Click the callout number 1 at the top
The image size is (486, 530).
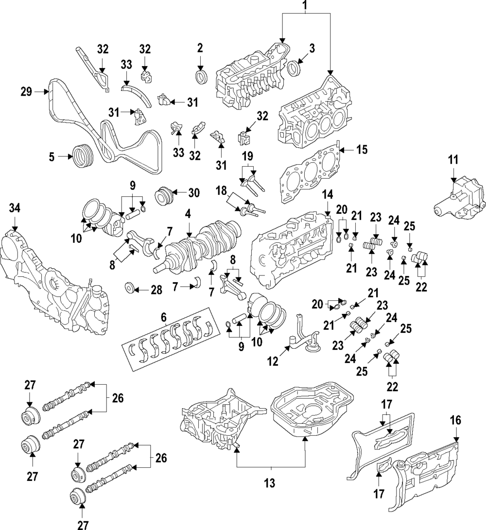pyautogui.click(x=305, y=6)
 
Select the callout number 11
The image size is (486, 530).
pyautogui.click(x=453, y=159)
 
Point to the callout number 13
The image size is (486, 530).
pyautogui.click(x=270, y=483)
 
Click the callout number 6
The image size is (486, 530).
pyautogui.click(x=164, y=317)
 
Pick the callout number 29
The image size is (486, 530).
pyautogui.click(x=26, y=92)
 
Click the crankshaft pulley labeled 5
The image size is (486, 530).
pyautogui.click(x=82, y=157)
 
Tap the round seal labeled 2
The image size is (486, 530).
pyautogui.click(x=202, y=77)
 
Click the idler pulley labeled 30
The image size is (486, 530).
pyautogui.click(x=164, y=195)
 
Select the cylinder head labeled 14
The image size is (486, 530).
pyautogui.click(x=291, y=250)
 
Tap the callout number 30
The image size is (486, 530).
pyautogui.click(x=194, y=193)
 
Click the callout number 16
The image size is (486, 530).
pyautogui.click(x=455, y=421)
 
